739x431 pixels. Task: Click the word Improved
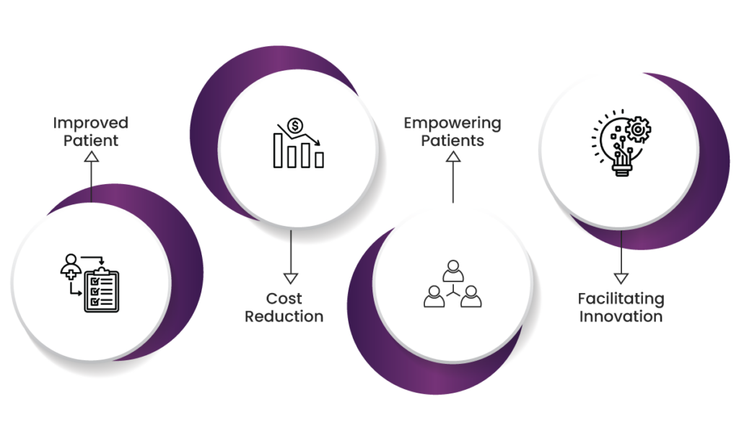[x=90, y=123]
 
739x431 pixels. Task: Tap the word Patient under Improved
[x=91, y=141]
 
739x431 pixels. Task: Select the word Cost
[x=284, y=298]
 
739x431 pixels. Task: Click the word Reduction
[x=284, y=316]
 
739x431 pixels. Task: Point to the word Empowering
[x=452, y=123]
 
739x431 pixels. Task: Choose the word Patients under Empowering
[x=452, y=141]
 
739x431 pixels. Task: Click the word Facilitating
[x=621, y=299]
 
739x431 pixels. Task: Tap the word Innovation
[x=621, y=316]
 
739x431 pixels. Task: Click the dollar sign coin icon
[x=295, y=126]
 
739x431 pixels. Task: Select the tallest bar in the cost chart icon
[x=278, y=150]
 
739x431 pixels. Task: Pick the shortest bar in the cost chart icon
[x=320, y=160]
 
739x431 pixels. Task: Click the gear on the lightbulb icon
[x=638, y=129]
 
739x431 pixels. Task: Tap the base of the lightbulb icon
[x=622, y=169]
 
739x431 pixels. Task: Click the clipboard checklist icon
[x=101, y=290]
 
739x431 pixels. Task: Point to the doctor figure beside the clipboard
[x=71, y=267]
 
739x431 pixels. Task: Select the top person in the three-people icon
[x=453, y=271]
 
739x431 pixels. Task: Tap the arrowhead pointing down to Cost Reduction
[x=291, y=278]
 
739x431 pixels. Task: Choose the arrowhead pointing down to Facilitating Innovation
[x=621, y=278]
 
